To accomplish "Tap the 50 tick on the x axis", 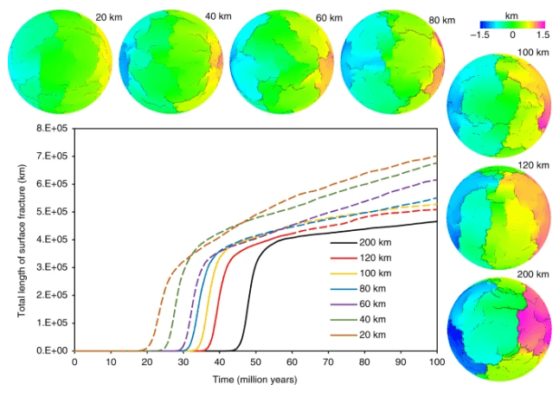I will click(x=256, y=363).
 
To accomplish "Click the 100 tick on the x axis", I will click(x=437, y=363).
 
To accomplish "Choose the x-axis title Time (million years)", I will click(x=256, y=380).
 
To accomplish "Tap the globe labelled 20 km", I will click(x=55, y=60).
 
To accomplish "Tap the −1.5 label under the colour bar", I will click(x=483, y=35).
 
